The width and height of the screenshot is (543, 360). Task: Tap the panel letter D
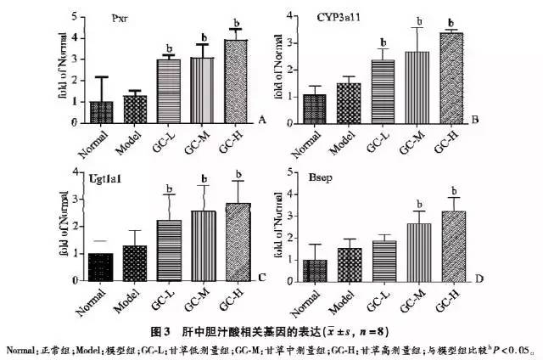coord(479,277)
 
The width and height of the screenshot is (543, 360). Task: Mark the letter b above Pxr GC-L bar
coord(169,48)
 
